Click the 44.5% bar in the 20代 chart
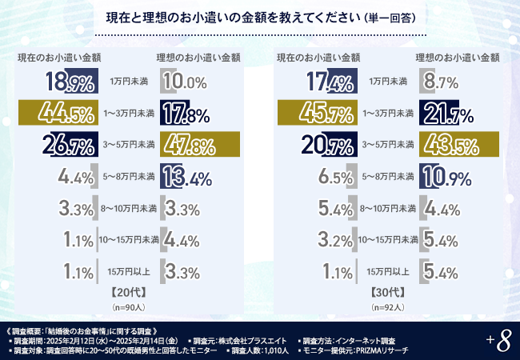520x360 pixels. point(57,113)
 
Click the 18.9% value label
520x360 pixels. point(70,82)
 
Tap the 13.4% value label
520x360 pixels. point(186,175)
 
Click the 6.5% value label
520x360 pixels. point(332,176)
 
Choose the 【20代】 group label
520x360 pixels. point(128,292)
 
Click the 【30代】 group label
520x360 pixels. point(386,292)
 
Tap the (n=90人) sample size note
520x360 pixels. point(128,306)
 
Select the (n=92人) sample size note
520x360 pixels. point(386,306)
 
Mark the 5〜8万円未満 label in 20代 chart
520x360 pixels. point(128,175)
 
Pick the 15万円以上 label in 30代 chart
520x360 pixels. point(386,272)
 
